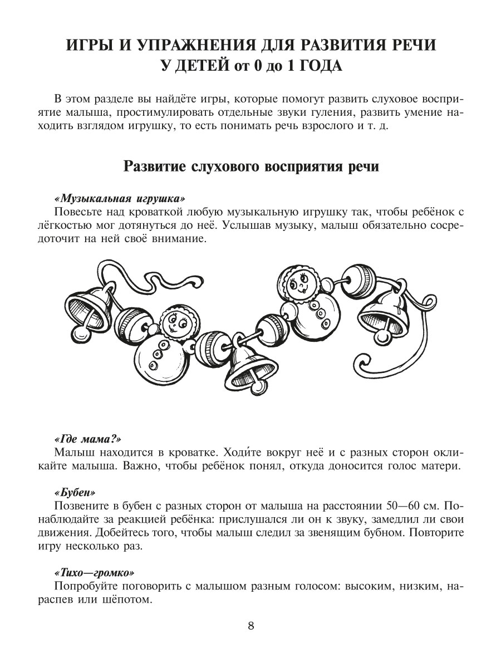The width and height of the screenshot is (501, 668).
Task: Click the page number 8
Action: [250, 625]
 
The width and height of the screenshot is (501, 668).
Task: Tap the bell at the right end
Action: [385, 312]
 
